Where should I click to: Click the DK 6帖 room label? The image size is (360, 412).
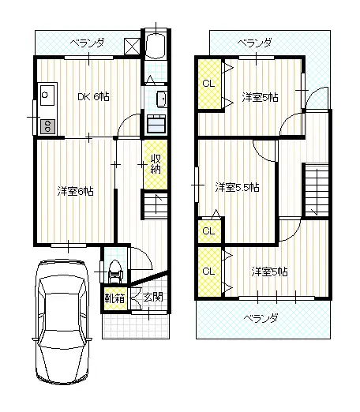coord(93,97)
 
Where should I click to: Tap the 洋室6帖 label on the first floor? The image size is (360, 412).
coord(75,191)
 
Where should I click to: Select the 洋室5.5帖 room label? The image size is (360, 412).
coord(238,188)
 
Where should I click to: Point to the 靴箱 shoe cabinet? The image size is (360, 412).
coord(114,298)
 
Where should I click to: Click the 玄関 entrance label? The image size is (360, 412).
coord(154,298)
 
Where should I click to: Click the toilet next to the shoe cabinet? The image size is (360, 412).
coord(115,269)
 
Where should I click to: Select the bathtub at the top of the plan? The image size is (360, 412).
coord(156,47)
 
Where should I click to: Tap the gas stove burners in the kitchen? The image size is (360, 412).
coord(45,125)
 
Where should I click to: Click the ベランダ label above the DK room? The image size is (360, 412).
coord(87,43)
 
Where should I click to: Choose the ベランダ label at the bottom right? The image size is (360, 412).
coord(260,318)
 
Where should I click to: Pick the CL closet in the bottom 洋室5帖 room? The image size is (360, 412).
coord(208,272)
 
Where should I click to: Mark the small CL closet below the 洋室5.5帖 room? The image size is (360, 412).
coord(208,231)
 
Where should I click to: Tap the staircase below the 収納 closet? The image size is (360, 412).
coord(156,207)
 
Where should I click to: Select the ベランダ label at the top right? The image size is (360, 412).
coord(254,43)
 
